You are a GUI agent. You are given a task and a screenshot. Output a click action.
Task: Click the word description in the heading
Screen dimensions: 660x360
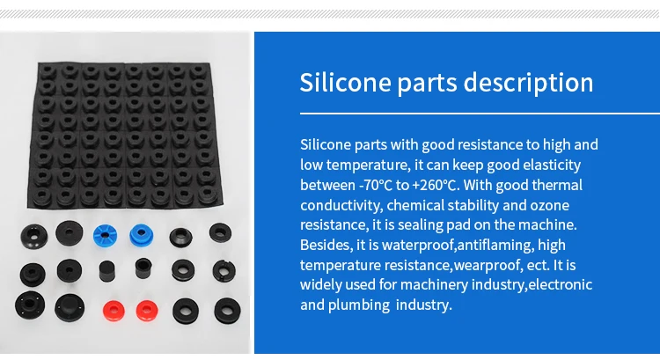528,83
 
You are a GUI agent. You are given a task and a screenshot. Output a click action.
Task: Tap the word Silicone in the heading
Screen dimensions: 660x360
346,82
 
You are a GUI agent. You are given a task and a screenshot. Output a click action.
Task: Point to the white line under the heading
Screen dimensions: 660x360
480,114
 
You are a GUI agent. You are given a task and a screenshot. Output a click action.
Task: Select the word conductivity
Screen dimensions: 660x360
341,206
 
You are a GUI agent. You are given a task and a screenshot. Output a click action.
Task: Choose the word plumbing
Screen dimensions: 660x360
359,305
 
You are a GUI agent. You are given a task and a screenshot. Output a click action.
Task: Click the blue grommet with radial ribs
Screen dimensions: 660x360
105,236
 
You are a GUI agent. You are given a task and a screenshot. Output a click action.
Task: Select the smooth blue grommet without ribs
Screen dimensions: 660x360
142,235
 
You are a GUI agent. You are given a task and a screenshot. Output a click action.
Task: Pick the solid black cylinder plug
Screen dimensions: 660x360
106,272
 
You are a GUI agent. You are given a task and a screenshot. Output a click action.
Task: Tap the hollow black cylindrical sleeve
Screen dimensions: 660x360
143,268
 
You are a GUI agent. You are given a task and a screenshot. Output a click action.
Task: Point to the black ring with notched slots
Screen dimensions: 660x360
224,271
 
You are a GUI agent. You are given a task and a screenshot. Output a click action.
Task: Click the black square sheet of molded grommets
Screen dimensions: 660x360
124,136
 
